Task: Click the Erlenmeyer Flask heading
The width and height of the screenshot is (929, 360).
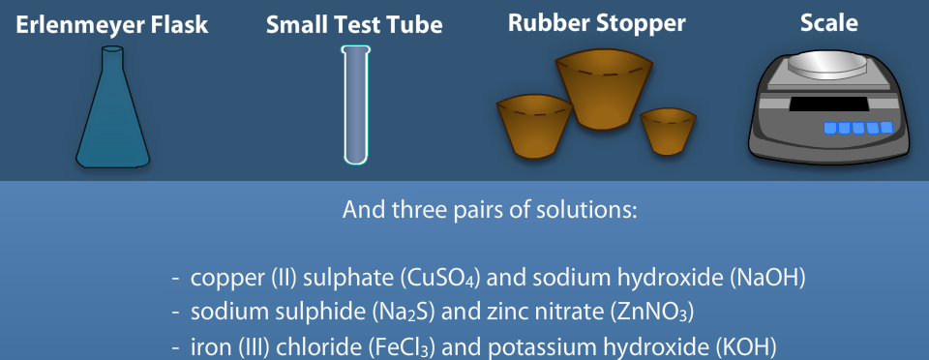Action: click(112, 25)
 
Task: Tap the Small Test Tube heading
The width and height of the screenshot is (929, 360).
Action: click(354, 25)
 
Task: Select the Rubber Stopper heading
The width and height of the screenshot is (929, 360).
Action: click(597, 23)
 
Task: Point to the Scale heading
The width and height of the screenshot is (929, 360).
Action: click(829, 23)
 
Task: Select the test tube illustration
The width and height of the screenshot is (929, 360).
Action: click(355, 105)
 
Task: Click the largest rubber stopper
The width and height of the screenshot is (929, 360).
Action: click(604, 90)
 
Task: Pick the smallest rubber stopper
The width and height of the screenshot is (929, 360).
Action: click(668, 132)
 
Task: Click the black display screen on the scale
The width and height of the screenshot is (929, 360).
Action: click(828, 105)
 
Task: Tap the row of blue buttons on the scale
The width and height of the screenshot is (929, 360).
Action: click(858, 128)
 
